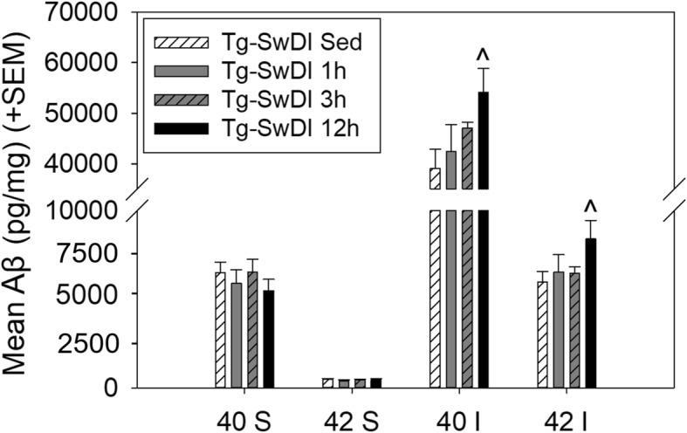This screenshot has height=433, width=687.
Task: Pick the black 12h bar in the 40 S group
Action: point(268,340)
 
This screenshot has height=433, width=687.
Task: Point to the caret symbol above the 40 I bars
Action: point(482,57)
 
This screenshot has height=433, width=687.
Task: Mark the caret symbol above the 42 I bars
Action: point(590,207)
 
